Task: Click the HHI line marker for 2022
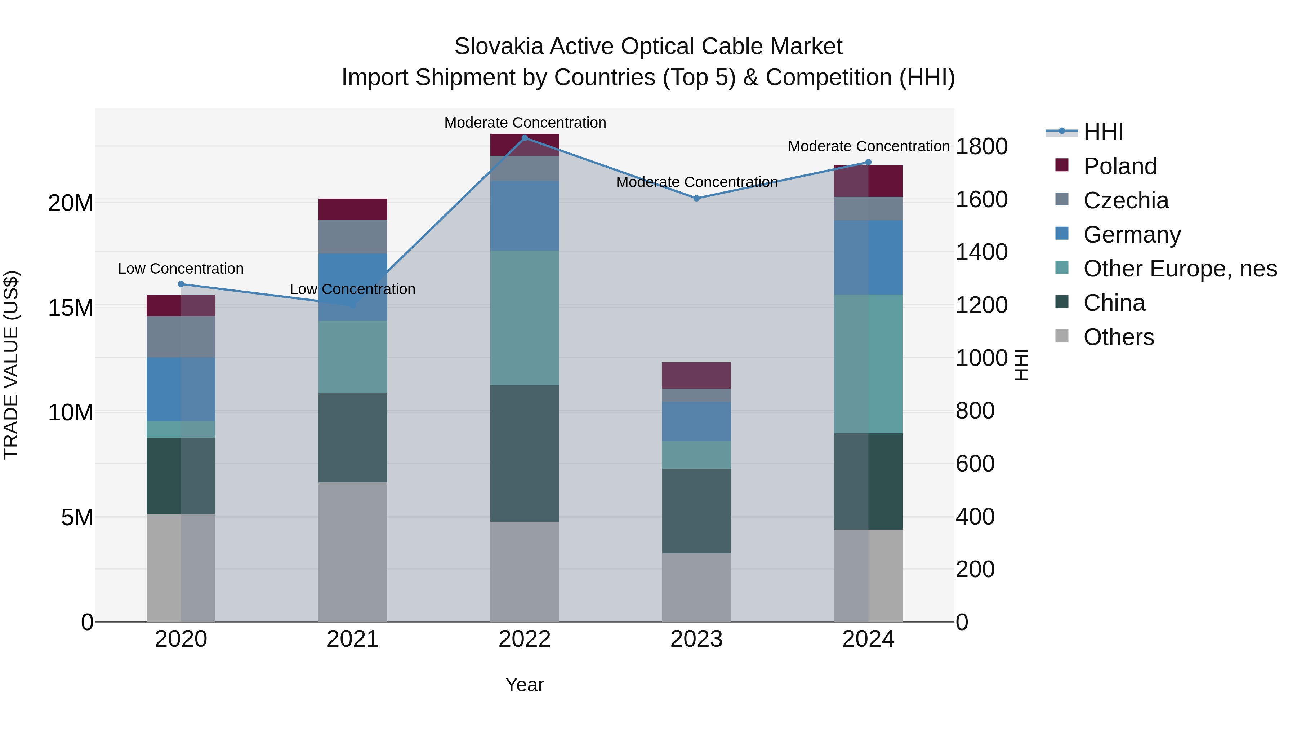point(525,138)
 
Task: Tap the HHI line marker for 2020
point(181,284)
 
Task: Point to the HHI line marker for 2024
point(868,162)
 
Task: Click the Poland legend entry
point(1119,166)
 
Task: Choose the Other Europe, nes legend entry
point(1179,269)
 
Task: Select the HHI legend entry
point(1103,132)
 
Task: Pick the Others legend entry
point(1118,337)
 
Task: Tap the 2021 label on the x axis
point(352,639)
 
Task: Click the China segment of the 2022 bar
point(525,454)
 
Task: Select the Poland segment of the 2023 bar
point(696,375)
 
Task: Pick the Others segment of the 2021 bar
point(352,552)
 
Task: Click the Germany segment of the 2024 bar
point(868,257)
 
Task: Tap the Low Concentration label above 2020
point(181,269)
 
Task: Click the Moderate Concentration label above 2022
point(525,123)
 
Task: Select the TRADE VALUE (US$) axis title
point(11,365)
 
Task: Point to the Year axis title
point(524,685)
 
